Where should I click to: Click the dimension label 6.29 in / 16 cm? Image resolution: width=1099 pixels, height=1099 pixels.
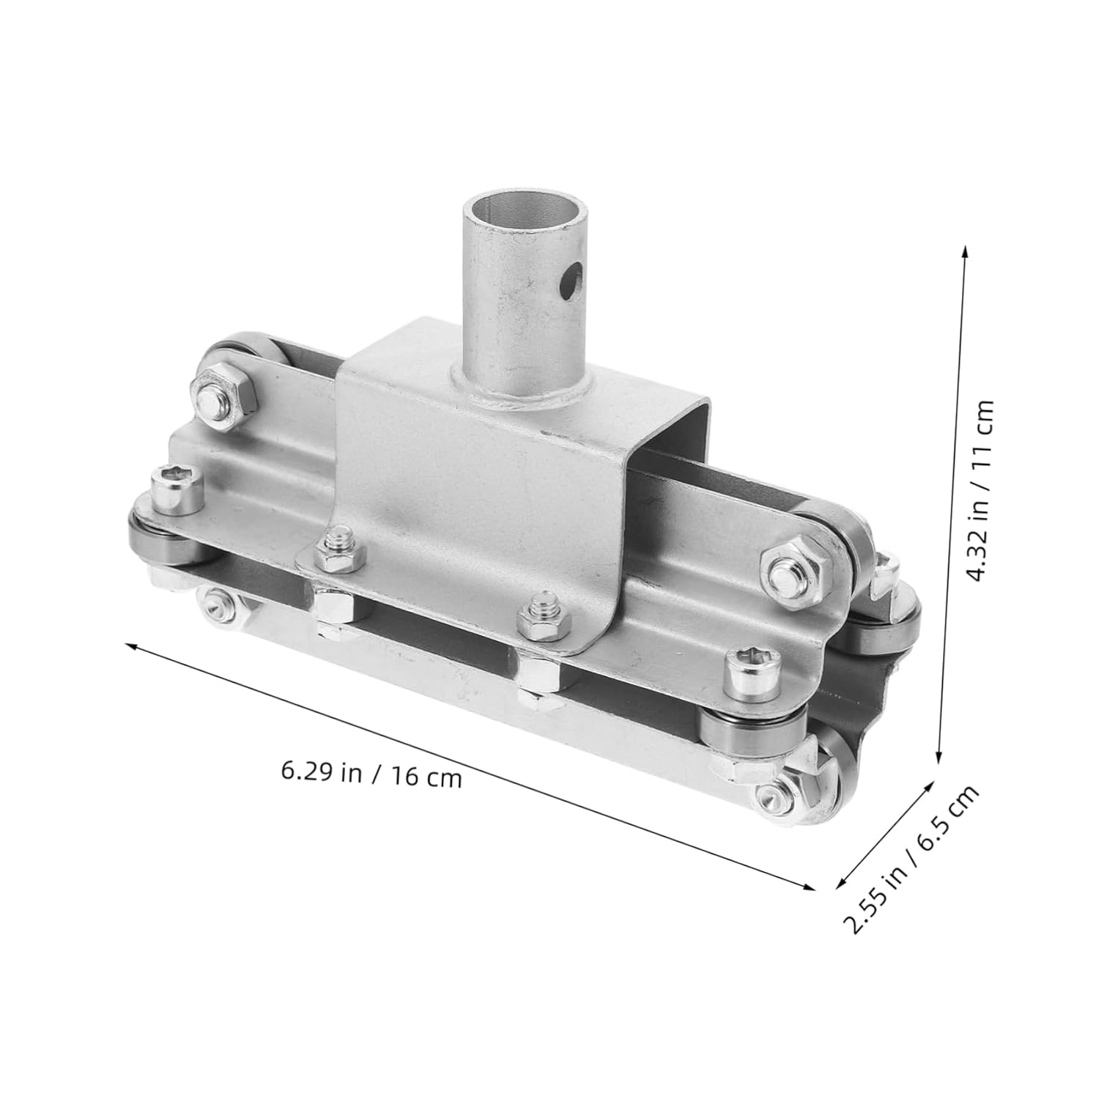pyautogui.click(x=371, y=774)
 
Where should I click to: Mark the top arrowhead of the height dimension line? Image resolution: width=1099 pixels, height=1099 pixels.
pyautogui.click(x=966, y=251)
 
